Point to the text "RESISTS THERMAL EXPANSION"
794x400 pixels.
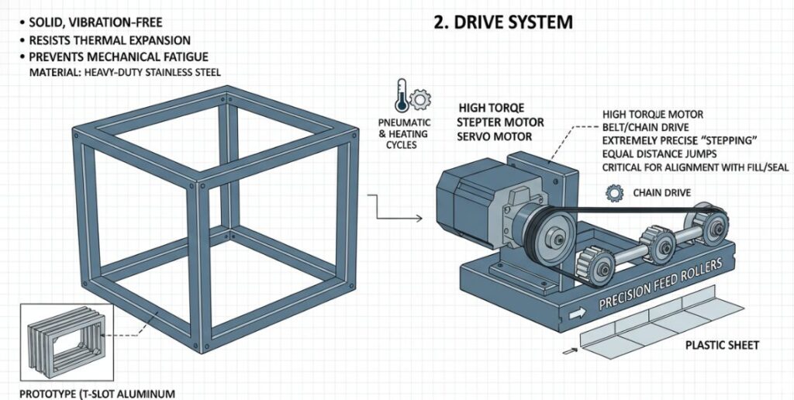tap(109, 40)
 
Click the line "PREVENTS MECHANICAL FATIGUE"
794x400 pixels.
tap(118, 57)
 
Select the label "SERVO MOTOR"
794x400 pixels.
tap(495, 136)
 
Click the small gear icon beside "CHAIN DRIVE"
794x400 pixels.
tap(617, 191)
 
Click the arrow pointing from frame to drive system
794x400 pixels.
tap(395, 210)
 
